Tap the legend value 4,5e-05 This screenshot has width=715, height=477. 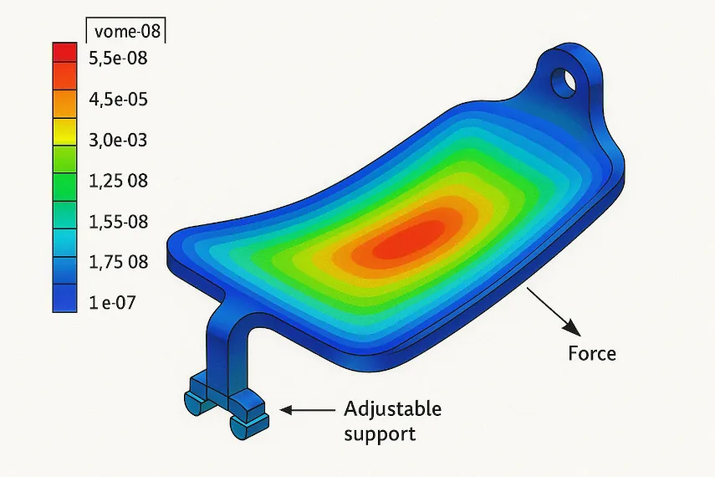tap(117, 99)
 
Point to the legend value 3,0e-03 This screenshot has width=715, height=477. tap(117, 140)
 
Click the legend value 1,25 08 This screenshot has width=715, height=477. tap(117, 181)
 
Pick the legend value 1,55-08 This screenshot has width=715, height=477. tap(117, 221)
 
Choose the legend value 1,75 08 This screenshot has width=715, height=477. tap(117, 262)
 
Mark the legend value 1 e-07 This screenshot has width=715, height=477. tap(111, 302)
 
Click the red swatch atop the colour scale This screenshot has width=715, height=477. tap(64, 52)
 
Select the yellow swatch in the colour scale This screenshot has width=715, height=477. tap(64, 134)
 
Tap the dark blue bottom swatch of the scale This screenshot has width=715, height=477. tap(64, 298)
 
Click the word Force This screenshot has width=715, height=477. tap(592, 353)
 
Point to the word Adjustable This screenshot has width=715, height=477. tap(392, 409)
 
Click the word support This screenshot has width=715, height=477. tap(380, 435)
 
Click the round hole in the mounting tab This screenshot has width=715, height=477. tap(564, 81)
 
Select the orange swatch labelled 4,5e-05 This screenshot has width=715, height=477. tap(64, 100)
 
